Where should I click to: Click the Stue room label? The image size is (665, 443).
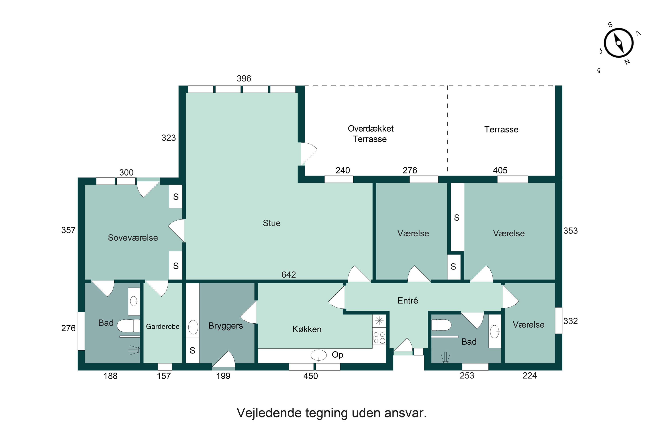pyautogui.click(x=271, y=223)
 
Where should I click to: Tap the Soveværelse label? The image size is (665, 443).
pyautogui.click(x=133, y=238)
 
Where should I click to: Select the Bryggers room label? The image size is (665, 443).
pyautogui.click(x=225, y=326)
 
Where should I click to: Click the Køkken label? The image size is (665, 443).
pyautogui.click(x=307, y=329)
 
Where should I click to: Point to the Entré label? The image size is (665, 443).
pyautogui.click(x=407, y=300)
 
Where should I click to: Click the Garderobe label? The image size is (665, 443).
pyautogui.click(x=162, y=326)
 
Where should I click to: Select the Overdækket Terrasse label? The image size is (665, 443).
pyautogui.click(x=370, y=134)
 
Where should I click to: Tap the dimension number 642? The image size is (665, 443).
pyautogui.click(x=288, y=275)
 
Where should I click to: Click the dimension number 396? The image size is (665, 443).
pyautogui.click(x=244, y=79)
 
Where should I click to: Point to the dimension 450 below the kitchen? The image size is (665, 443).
pyautogui.click(x=311, y=376)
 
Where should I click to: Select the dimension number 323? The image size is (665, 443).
pyautogui.click(x=168, y=138)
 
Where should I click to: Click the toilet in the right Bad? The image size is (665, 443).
pyautogui.click(x=441, y=325)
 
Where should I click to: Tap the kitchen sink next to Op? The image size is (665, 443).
pyautogui.click(x=319, y=355)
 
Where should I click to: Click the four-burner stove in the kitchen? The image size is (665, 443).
pyautogui.click(x=379, y=338)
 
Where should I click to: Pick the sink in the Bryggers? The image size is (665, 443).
pyautogui.click(x=193, y=327)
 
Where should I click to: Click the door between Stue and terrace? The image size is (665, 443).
pyautogui.click(x=308, y=154)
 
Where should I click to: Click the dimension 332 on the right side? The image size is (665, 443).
pyautogui.click(x=570, y=321)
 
